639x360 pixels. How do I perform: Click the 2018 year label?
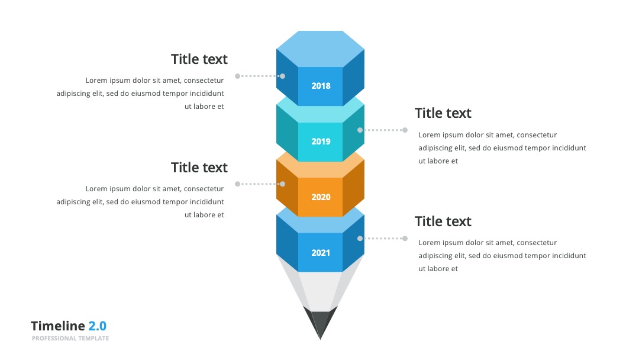point(321,86)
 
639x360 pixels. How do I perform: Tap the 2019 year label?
point(321,142)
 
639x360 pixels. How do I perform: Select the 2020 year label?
point(321,197)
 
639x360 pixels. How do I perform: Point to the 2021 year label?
point(321,253)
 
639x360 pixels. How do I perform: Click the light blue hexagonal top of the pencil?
point(320,49)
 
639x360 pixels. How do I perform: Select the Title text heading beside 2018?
point(199,59)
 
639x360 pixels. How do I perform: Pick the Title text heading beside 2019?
point(443,113)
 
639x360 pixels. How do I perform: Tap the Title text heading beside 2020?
point(199,168)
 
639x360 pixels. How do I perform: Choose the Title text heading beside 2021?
point(443,221)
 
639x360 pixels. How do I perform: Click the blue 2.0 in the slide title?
point(98,326)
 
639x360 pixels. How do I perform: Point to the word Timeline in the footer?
point(58,326)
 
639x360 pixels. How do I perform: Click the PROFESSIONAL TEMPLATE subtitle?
point(70,339)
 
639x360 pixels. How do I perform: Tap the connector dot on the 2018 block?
point(282,76)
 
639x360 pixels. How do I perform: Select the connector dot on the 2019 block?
point(360,130)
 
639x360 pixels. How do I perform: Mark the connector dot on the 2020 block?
point(282,184)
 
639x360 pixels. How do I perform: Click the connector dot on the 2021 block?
point(360,239)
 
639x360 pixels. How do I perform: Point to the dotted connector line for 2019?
point(382,130)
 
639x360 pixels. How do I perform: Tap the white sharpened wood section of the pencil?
point(320,290)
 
